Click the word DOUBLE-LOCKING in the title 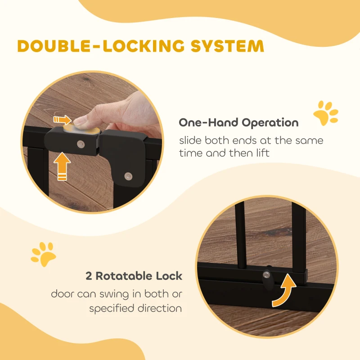click(x=100, y=46)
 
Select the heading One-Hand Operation click(x=238, y=122)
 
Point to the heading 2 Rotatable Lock click(x=134, y=276)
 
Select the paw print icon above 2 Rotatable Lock click(x=43, y=253)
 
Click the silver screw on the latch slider click(x=81, y=144)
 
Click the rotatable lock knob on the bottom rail click(x=268, y=275)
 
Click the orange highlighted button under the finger click(x=82, y=130)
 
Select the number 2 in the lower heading click(x=89, y=276)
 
